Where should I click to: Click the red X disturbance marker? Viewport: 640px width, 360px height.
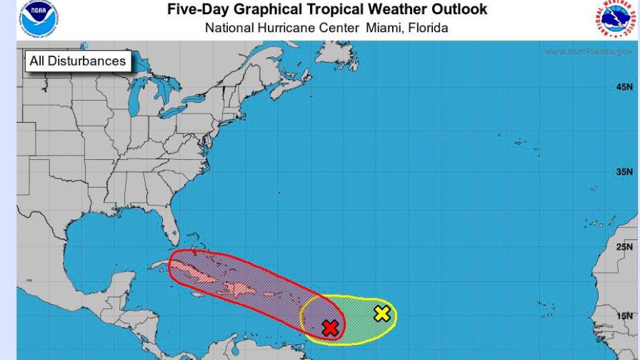330,328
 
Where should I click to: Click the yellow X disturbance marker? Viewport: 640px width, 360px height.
382,313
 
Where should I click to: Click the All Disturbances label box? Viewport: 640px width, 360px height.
77,61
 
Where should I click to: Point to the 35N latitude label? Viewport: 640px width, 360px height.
624,172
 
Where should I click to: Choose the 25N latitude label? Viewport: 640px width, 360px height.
624,247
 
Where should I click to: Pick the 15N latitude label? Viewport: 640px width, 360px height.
624,315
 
